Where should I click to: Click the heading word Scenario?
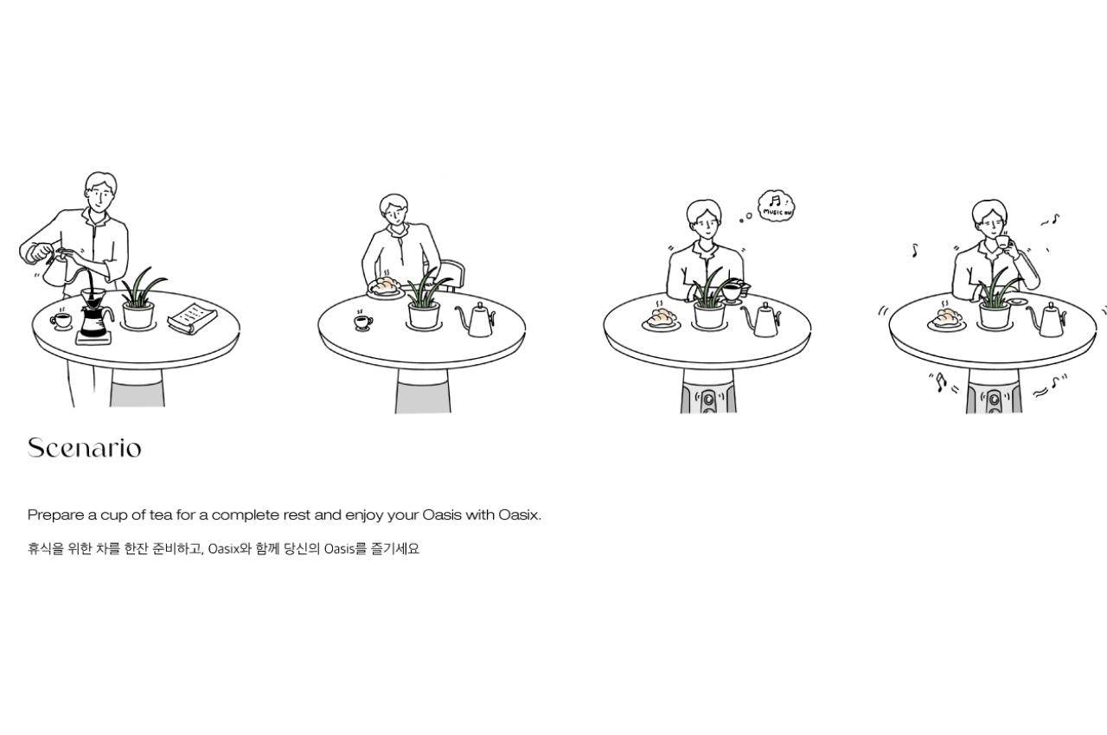pyautogui.click(x=85, y=448)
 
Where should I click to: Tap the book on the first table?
pyautogui.click(x=192, y=318)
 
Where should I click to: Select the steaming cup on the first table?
pyautogui.click(x=61, y=321)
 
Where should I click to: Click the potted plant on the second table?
pyautogui.click(x=424, y=301)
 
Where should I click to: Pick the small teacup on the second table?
pyautogui.click(x=363, y=322)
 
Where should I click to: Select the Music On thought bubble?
pyautogui.click(x=776, y=206)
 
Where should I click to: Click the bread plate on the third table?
pyautogui.click(x=662, y=320)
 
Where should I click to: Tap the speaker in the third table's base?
pyautogui.click(x=708, y=398)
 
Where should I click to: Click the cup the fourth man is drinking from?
pyautogui.click(x=1002, y=242)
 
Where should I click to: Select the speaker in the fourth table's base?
pyautogui.click(x=995, y=398)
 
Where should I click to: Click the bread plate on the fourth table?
pyautogui.click(x=947, y=320)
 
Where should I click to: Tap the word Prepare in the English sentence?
pyautogui.click(x=56, y=515)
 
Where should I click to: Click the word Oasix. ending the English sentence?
pyautogui.click(x=520, y=514)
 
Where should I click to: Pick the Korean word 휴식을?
pyautogui.click(x=46, y=549)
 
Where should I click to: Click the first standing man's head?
pyautogui.click(x=101, y=192)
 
